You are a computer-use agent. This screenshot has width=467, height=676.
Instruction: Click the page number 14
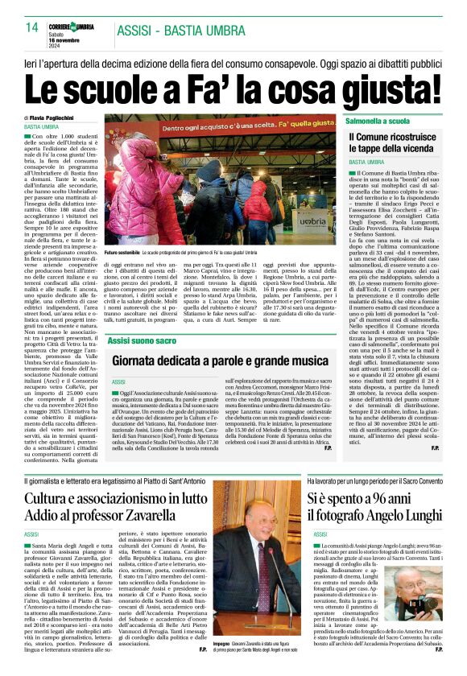31,27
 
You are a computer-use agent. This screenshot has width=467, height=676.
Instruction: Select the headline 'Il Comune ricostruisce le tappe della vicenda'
394,145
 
